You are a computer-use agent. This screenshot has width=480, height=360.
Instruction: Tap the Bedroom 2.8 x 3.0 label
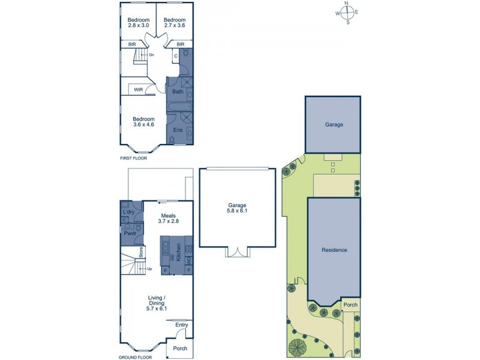[x=137, y=22]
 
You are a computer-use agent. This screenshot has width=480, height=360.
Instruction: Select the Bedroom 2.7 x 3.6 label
[x=174, y=22]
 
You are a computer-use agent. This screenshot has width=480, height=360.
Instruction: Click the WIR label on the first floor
[x=138, y=90]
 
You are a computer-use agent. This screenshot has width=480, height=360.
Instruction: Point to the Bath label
[x=178, y=92]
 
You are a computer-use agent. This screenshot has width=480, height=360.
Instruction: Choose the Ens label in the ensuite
[x=178, y=130]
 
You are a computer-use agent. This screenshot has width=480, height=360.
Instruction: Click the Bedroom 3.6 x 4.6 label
[x=143, y=122]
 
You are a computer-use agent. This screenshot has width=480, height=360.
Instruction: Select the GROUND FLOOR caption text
[x=136, y=357]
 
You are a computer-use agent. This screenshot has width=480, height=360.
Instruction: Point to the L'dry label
[x=128, y=213]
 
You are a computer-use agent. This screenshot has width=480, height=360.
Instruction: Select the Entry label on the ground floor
[x=181, y=325]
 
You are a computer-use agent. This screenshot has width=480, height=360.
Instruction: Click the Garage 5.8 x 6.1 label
[x=236, y=208]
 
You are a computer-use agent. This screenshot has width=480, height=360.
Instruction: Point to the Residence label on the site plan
[x=334, y=250]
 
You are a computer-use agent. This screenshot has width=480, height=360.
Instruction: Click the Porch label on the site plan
[x=350, y=305]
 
